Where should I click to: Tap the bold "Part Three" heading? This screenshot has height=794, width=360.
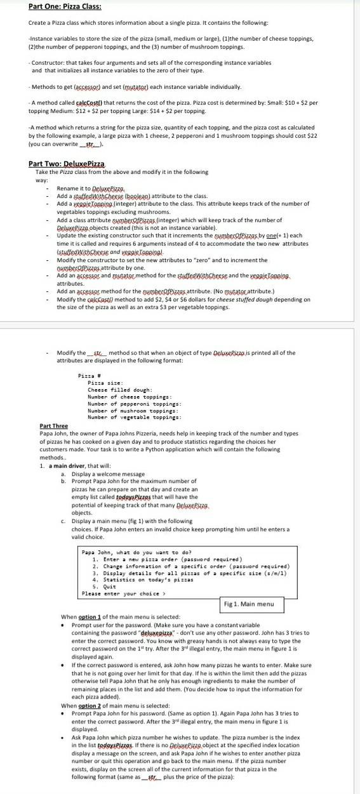(x=53, y=408)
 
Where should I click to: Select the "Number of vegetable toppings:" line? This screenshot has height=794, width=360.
(x=135, y=399)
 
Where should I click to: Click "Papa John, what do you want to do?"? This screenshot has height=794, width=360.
(x=137, y=552)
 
